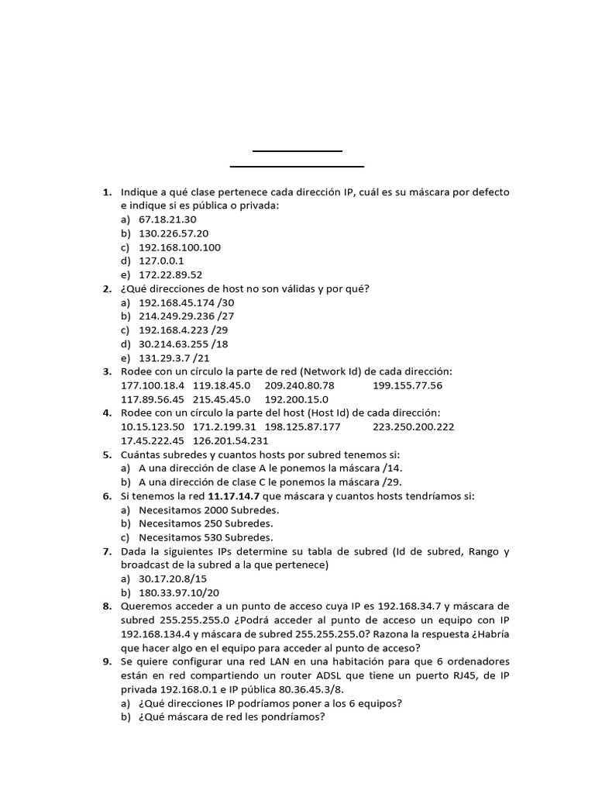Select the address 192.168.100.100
179,247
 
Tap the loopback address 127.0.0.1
161,261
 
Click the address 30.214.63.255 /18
183,344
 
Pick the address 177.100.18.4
153,385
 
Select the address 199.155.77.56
408,385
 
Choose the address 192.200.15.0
297,399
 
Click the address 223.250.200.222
413,426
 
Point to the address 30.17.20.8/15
174,579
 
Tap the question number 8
107,606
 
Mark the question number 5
107,454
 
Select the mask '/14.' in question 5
392,468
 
